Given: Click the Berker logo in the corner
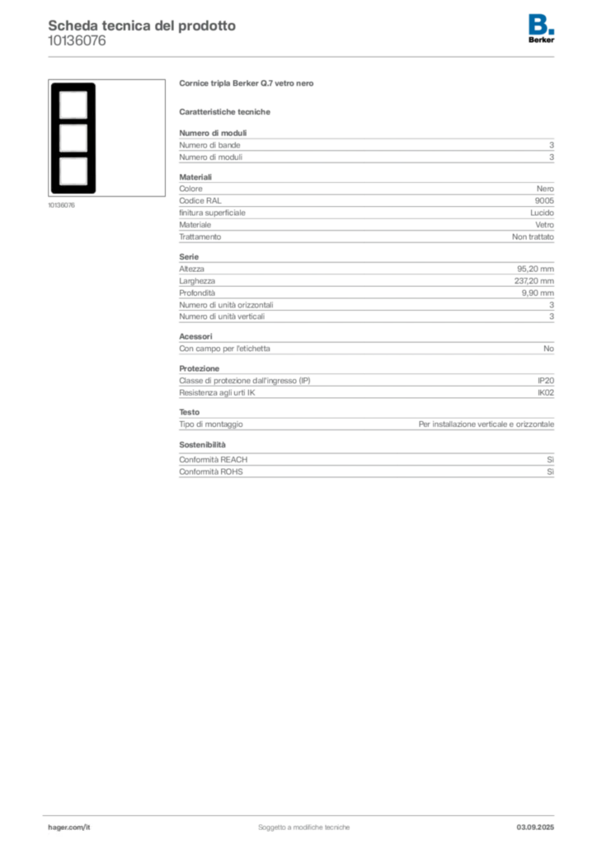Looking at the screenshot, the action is point(541,29).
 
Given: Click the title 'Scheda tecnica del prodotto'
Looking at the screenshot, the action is point(142,26).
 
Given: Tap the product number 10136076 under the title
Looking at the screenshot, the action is point(77,41).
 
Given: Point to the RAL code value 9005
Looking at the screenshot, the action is point(544,201).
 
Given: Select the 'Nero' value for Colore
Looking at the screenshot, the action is point(545,189).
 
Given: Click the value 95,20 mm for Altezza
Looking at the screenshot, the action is point(535,270).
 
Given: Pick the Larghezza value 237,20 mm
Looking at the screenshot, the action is point(534,281).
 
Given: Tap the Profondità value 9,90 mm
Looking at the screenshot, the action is point(538,293).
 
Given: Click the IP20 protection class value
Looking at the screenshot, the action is point(545,381).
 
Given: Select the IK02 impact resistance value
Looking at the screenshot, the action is point(545,393).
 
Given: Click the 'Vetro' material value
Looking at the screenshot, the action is point(544,225).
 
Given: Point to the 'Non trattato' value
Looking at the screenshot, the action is point(533,237).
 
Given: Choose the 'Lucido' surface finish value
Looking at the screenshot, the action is point(542,213).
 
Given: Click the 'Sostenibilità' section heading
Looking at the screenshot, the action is point(202,444).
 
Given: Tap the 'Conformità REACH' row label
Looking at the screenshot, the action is point(214,460).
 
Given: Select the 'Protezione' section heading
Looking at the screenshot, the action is point(200,368).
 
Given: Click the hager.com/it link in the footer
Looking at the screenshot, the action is point(69,828).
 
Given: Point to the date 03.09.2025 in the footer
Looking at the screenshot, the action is point(535,828).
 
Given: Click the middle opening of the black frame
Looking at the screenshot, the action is point(73,138).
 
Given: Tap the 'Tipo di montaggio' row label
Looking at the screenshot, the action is point(211,424).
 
